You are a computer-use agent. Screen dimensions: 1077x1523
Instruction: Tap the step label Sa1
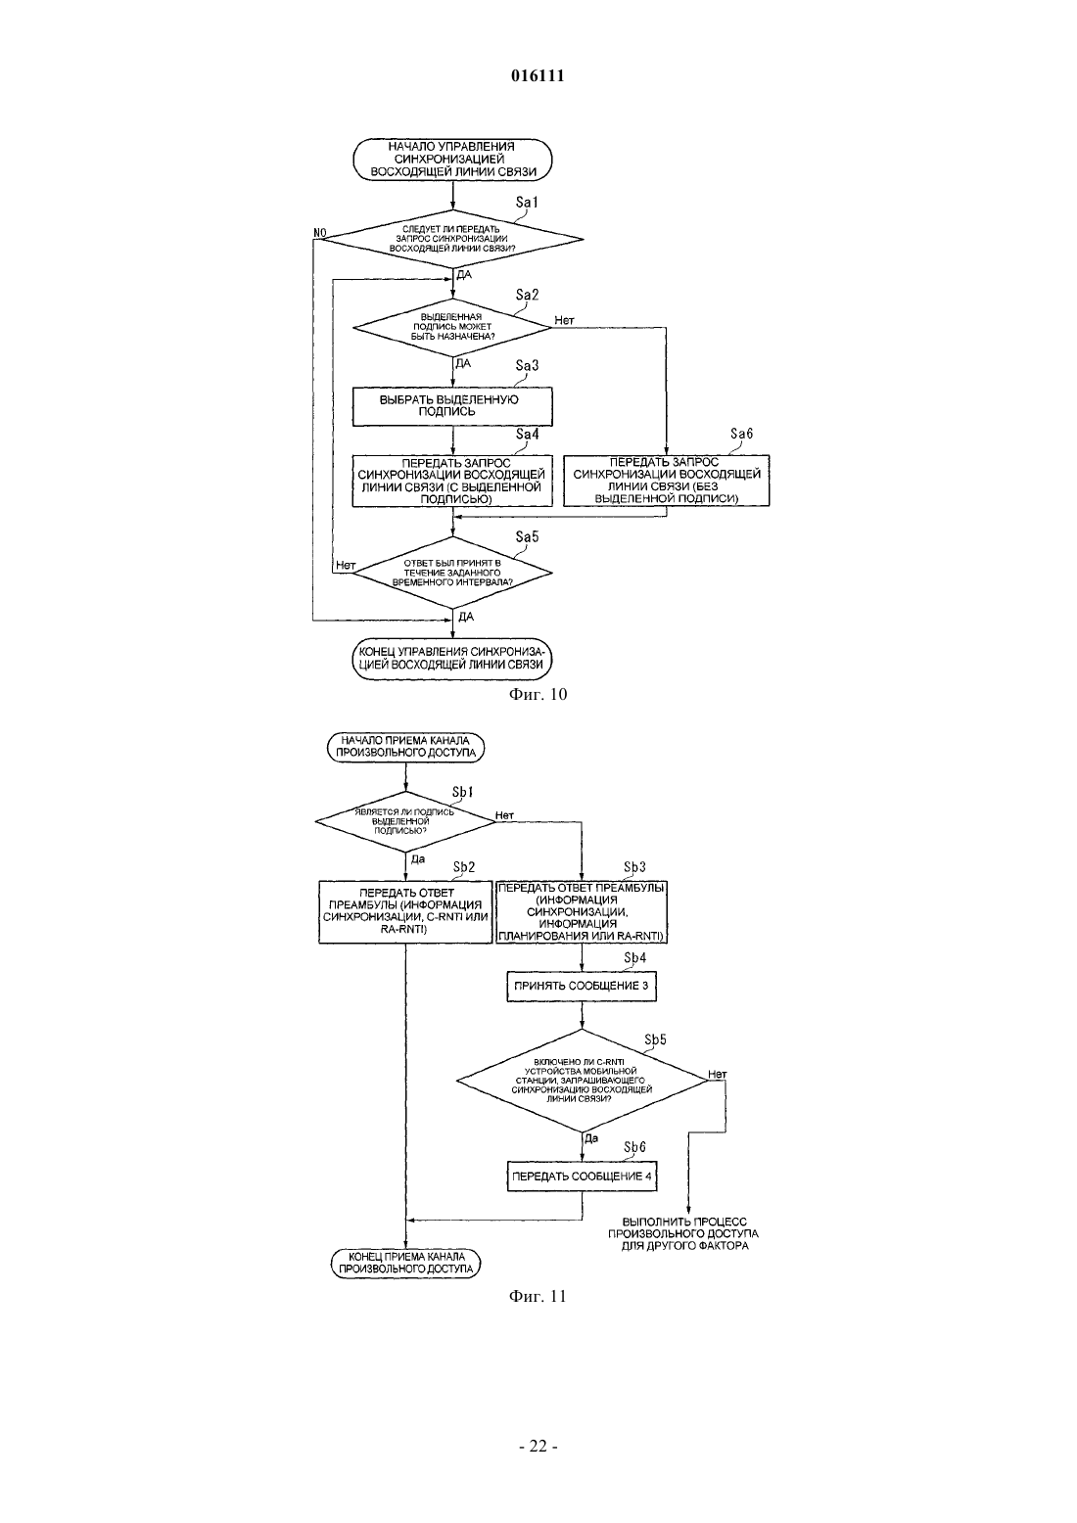pyautogui.click(x=527, y=202)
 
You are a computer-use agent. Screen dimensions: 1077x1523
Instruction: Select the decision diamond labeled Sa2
pyautogui.click(x=452, y=327)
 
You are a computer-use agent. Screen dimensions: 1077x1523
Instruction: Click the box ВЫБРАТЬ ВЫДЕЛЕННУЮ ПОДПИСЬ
pyautogui.click(x=452, y=406)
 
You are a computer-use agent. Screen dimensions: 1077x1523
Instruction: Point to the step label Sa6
pyautogui.click(x=742, y=433)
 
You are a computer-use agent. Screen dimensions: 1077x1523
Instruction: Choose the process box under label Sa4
pyautogui.click(x=452, y=481)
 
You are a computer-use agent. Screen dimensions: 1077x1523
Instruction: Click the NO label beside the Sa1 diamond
pyautogui.click(x=320, y=233)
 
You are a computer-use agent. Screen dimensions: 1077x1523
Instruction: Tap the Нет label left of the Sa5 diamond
pyautogui.click(x=346, y=565)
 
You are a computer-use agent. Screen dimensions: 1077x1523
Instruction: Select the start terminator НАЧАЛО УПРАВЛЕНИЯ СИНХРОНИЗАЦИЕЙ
pyautogui.click(x=452, y=160)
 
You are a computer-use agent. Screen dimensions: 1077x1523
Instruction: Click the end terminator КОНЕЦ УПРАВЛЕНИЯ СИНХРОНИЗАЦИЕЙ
pyautogui.click(x=452, y=658)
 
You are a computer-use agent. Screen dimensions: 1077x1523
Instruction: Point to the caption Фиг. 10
pyautogui.click(x=538, y=694)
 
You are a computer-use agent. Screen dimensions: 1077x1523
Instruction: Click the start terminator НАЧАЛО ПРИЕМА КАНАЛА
pyautogui.click(x=405, y=746)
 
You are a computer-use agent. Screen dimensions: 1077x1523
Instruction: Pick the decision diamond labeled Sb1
pyautogui.click(x=405, y=821)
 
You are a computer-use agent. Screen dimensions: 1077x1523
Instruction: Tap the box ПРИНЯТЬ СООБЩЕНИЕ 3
pyautogui.click(x=582, y=986)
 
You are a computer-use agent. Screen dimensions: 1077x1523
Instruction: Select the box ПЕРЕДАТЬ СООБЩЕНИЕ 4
pyautogui.click(x=582, y=1177)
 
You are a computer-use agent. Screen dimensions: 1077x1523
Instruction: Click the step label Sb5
pyautogui.click(x=655, y=1039)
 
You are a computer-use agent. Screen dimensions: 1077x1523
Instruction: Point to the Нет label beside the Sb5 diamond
pyautogui.click(x=718, y=1075)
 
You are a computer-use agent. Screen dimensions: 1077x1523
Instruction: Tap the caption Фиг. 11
pyautogui.click(x=538, y=1296)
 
